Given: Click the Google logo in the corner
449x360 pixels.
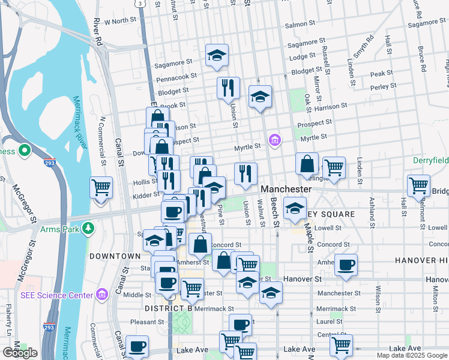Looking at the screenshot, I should coord(19,353).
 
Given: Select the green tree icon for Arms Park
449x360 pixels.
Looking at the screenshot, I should coord(88,228).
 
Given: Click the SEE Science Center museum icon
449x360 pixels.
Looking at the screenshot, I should coord(101,295).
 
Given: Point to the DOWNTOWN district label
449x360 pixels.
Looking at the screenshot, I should coord(115,256).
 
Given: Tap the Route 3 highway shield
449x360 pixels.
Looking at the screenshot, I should coord(139,3).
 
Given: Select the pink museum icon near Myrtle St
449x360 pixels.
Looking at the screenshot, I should coord(275,141).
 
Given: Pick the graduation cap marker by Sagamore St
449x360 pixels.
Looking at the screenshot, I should coord(217,56).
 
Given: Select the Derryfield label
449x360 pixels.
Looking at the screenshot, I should coord(430,161).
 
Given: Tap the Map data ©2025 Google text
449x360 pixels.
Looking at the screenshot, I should coord(412,355).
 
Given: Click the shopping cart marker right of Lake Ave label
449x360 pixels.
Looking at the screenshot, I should coord(341,345).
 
